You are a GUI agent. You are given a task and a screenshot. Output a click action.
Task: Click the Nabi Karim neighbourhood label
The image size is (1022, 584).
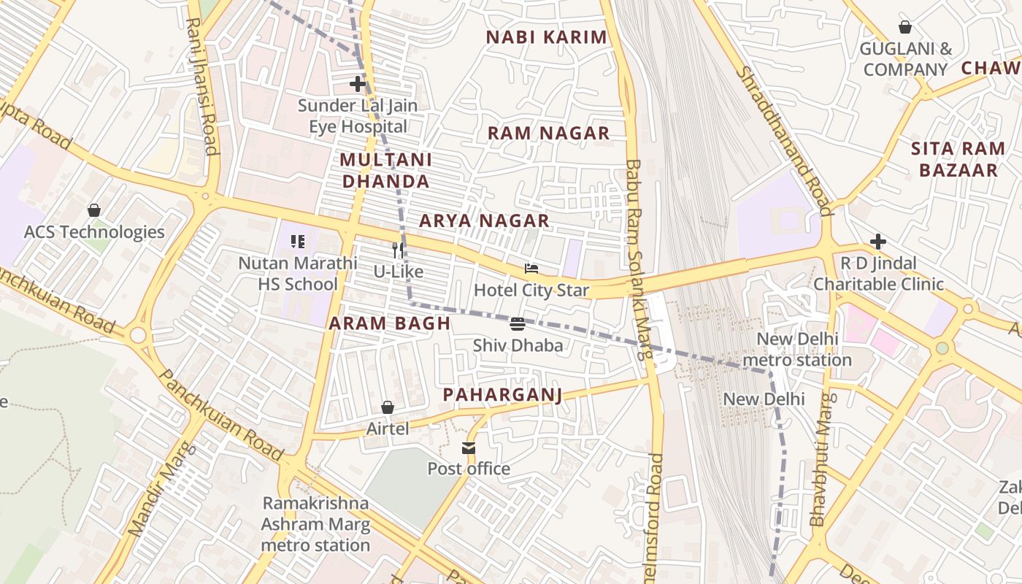point(547,37)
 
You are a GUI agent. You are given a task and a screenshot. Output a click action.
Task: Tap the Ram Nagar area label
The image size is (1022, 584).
point(548,133)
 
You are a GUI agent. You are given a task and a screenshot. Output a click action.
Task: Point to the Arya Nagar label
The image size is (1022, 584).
point(484,220)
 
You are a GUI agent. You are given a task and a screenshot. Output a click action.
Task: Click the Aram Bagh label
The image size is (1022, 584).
point(390,323)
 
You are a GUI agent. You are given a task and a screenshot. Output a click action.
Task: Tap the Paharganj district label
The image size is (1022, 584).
point(502,395)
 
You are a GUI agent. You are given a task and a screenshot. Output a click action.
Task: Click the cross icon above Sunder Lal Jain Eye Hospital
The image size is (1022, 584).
point(358,84)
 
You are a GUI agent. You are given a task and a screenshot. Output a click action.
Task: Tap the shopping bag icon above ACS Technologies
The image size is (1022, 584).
point(94,210)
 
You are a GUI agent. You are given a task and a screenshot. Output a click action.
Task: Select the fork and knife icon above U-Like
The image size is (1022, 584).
point(398,250)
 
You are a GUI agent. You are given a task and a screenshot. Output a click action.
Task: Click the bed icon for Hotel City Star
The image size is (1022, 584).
point(531,269)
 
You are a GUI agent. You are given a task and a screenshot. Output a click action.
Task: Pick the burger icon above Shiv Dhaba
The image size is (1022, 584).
point(518,323)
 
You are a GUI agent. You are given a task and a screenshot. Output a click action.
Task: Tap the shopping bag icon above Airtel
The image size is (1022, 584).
point(388,407)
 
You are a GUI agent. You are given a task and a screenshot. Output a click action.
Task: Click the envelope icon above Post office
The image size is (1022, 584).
point(468,447)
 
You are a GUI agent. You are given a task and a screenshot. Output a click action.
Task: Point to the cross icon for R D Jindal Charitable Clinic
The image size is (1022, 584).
point(878,241)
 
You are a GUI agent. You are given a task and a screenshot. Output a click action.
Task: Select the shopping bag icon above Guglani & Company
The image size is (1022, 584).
point(905,28)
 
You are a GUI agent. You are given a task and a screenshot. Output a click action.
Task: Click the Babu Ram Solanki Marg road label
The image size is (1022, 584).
point(637,259)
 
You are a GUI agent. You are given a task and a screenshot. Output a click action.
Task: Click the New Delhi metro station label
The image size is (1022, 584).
point(796,349)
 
